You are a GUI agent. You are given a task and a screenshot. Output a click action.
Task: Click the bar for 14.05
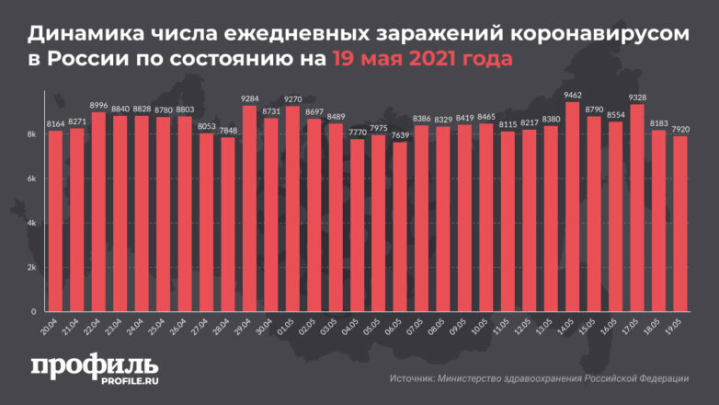point(572,208)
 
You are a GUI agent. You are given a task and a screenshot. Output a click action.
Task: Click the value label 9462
point(572,94)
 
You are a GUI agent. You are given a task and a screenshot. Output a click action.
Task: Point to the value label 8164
point(55,122)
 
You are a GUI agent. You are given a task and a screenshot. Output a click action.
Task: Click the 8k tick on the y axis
point(30,135)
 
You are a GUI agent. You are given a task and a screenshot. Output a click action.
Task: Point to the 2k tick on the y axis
point(30,268)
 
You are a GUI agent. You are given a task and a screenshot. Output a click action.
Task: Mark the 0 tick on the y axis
point(32,312)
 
